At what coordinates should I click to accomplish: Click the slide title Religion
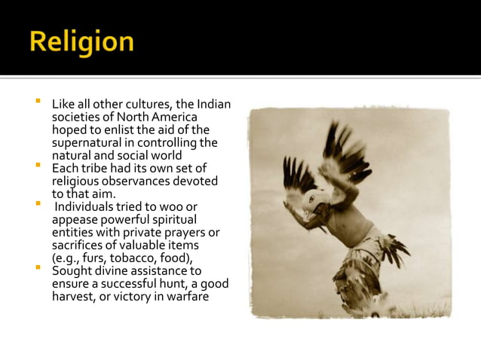tap(81, 41)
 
